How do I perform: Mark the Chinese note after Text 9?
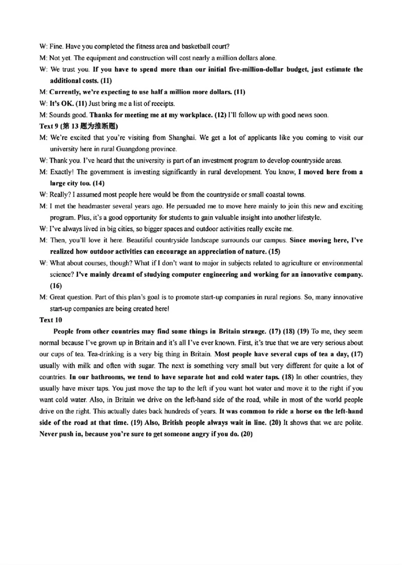(x=88, y=126)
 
